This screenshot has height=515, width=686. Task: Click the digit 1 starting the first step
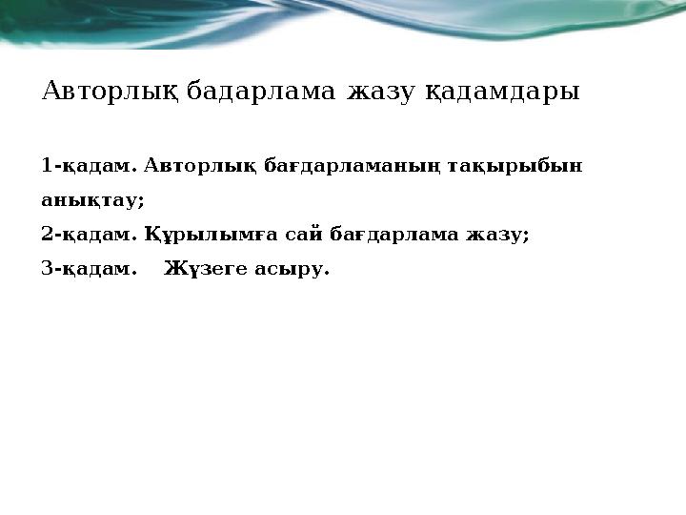tap(48, 167)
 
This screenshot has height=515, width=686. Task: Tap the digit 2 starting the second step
tap(48, 235)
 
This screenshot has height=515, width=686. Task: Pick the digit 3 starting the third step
tap(48, 269)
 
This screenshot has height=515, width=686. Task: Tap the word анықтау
tap(92, 201)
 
